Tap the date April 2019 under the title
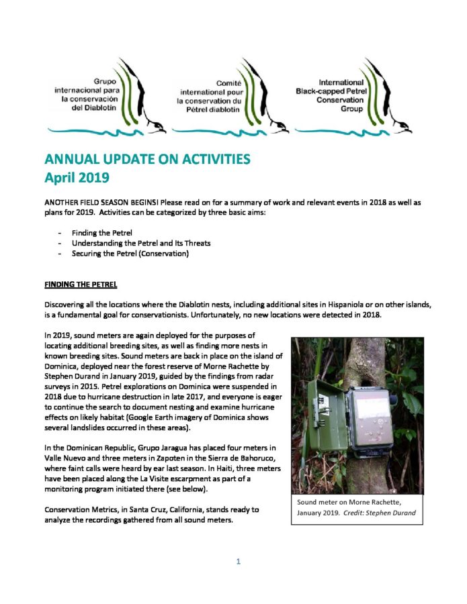tap(77, 178)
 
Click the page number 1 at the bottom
tap(238, 561)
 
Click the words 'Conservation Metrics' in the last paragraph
tap(84, 509)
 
